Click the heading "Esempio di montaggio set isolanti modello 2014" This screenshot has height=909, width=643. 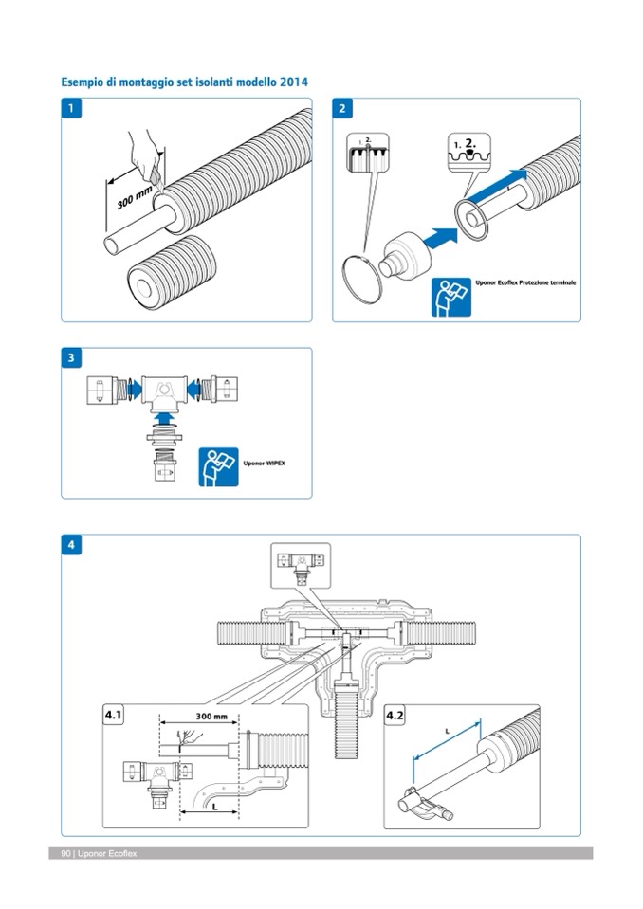[184, 82]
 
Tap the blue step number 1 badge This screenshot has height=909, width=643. [72, 109]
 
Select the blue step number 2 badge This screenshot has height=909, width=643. [342, 109]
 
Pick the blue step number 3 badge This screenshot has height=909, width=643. [72, 358]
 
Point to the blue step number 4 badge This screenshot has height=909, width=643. [72, 545]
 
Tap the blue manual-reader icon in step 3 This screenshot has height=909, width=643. [218, 467]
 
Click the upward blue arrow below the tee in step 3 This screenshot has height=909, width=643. [164, 415]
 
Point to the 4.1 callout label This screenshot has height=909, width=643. [115, 717]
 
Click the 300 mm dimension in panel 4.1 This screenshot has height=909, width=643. [198, 716]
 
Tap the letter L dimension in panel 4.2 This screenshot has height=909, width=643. [447, 731]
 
